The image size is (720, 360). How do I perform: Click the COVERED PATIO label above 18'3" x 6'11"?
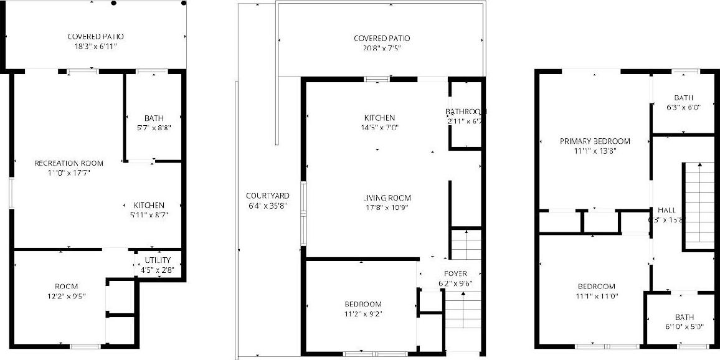(x=96, y=37)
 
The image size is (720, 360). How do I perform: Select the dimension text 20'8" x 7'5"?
(x=382, y=48)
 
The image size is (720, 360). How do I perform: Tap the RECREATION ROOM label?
(x=69, y=163)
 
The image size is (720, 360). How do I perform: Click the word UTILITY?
(x=158, y=260)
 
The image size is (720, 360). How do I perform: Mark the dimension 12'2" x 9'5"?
(x=65, y=296)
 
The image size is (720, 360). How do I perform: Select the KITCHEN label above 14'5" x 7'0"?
(x=380, y=118)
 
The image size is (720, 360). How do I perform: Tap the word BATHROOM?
(x=465, y=112)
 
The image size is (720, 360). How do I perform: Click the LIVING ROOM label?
(x=387, y=198)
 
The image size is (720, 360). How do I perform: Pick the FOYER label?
(x=455, y=273)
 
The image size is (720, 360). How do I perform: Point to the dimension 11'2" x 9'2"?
(x=362, y=314)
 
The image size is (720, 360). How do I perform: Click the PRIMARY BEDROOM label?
(x=594, y=141)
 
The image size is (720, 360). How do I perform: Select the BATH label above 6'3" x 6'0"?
(x=683, y=98)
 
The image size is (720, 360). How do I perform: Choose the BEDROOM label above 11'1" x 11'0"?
(x=594, y=287)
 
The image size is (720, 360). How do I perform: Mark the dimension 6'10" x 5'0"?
(x=683, y=326)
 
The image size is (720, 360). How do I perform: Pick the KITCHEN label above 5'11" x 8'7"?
(x=148, y=206)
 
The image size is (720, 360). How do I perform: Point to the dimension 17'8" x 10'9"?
(x=387, y=208)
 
